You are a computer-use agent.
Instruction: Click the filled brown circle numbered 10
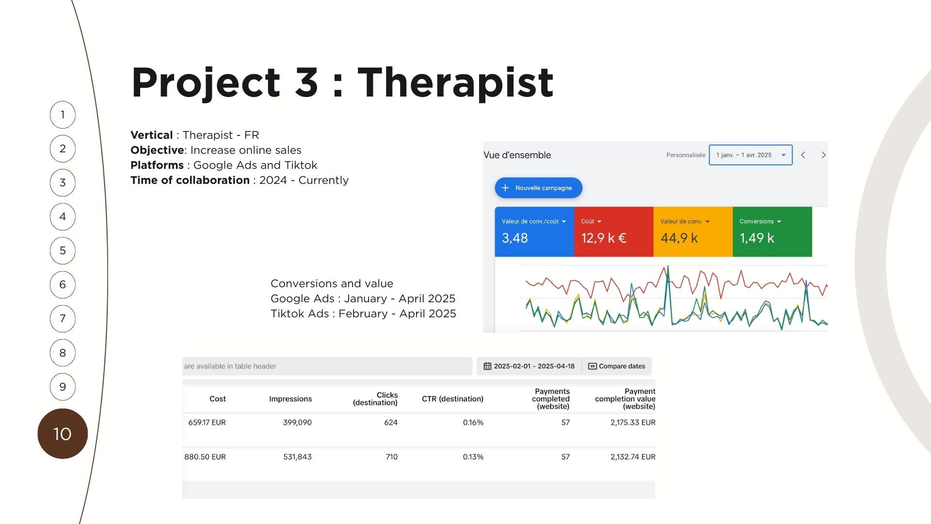[63, 434]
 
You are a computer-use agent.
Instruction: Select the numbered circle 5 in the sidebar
[63, 251]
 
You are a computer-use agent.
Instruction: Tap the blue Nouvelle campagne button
[538, 188]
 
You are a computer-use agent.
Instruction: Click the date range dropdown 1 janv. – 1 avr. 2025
[751, 155]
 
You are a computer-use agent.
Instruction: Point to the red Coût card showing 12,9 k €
[614, 231]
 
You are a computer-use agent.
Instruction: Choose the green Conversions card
[772, 231]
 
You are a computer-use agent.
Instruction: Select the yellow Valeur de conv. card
[693, 231]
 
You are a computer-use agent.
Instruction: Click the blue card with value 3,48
[534, 231]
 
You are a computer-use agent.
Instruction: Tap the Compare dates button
[617, 366]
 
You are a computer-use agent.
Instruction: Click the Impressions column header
[290, 399]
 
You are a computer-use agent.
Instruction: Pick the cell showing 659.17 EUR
[207, 423]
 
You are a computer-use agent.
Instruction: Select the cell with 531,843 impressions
[297, 457]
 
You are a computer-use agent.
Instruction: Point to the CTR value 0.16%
[473, 423]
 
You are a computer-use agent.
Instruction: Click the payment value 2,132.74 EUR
[633, 457]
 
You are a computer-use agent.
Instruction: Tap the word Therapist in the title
[455, 82]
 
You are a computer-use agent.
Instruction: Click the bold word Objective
[157, 150]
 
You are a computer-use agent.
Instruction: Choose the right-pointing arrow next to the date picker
[823, 155]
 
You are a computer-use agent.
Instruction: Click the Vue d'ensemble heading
[517, 155]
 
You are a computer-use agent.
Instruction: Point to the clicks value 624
[391, 423]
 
